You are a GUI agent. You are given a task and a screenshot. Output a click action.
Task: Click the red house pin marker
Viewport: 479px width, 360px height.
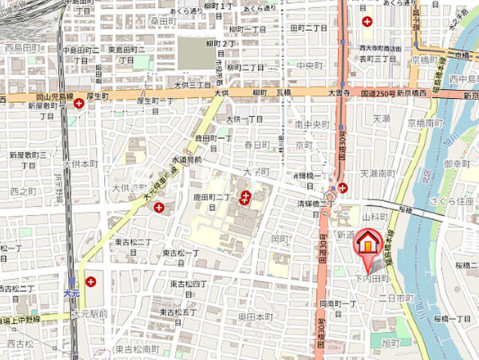coord(367,242)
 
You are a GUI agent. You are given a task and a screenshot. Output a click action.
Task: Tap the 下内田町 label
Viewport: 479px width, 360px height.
coord(373,279)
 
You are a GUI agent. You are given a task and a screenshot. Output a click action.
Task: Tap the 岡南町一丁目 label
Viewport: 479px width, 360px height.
coord(337,304)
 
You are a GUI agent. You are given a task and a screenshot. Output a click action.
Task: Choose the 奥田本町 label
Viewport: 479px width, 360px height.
coord(256,317)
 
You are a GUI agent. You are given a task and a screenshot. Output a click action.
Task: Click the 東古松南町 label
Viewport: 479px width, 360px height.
coord(137,349)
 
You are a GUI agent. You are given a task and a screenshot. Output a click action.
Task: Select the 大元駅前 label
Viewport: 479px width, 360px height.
coord(90,314)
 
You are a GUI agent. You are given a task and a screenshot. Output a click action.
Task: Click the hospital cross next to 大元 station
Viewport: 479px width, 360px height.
coord(91,282)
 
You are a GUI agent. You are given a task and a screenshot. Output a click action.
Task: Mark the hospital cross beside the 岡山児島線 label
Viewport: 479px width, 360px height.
coord(79,103)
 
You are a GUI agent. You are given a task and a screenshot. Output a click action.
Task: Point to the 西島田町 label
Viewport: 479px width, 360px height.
coord(22,47)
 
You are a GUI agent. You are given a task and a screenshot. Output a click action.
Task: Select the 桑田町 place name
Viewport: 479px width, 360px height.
coord(163,22)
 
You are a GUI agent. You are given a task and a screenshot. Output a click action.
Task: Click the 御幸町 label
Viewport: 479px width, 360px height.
coord(456,163)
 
